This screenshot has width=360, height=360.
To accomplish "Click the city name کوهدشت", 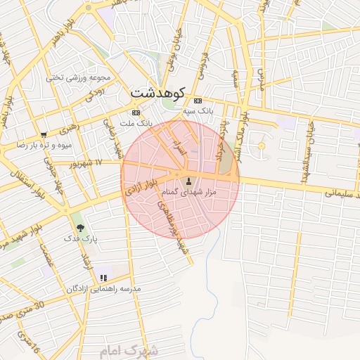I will [x=158, y=93].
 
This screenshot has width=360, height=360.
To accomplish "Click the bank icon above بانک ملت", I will [x=136, y=112].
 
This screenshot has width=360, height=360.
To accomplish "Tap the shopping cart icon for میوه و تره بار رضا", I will [x=44, y=134].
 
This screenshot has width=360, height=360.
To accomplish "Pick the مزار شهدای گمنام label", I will [x=188, y=191].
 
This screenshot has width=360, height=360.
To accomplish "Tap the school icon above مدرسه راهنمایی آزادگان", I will [x=104, y=278].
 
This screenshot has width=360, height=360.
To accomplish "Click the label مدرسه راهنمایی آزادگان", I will [x=103, y=289].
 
